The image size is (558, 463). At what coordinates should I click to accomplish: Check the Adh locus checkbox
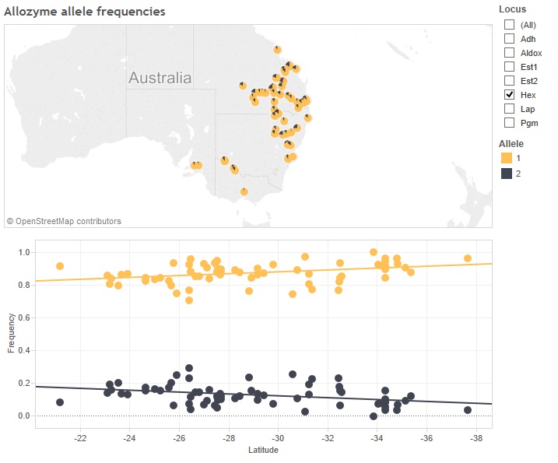[x=509, y=38]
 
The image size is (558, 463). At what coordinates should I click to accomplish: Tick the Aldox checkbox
[x=509, y=52]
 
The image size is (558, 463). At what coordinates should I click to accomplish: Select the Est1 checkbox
[x=509, y=66]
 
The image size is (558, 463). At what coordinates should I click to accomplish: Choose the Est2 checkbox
[x=509, y=80]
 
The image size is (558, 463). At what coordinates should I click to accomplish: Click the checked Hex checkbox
[x=509, y=94]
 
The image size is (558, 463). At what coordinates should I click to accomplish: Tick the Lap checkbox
[x=509, y=108]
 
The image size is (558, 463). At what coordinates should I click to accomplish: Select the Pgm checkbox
[x=509, y=122]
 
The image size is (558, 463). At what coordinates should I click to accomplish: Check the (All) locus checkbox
[x=509, y=24]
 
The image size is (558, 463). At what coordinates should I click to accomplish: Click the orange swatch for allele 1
[x=507, y=158]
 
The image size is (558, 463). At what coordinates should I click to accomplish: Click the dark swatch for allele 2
[x=507, y=174]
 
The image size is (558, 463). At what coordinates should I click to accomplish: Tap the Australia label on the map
[x=160, y=79]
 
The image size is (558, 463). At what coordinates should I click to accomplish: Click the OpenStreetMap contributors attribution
[x=64, y=221]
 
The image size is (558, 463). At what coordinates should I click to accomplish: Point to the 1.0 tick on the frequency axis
[x=23, y=252]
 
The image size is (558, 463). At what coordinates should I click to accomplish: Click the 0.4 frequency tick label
[x=23, y=350]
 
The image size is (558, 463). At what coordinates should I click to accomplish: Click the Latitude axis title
[x=263, y=451]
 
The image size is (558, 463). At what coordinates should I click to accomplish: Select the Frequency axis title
[x=11, y=333]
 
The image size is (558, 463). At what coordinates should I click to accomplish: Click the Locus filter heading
[x=512, y=9]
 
